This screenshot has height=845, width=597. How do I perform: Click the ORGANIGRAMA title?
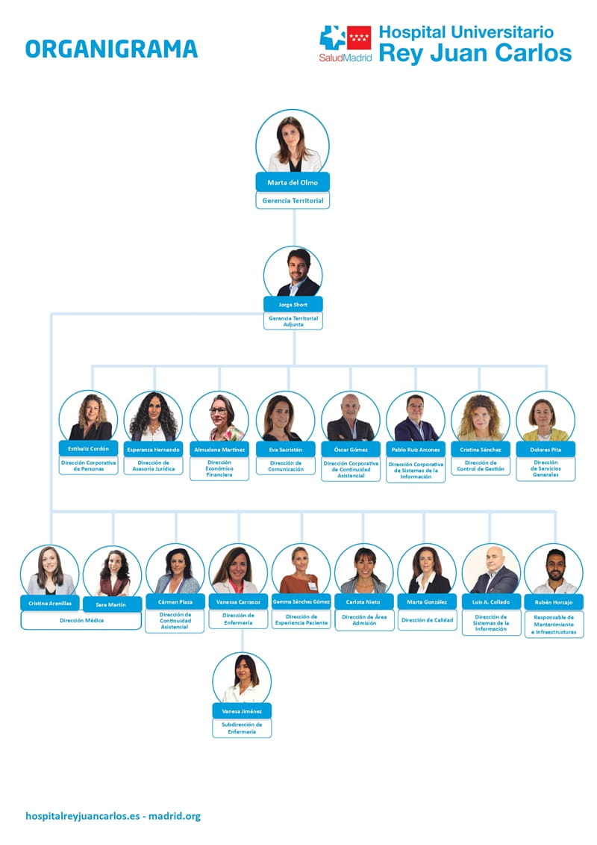click(111, 49)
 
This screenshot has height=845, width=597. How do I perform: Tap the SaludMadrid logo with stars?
click(346, 43)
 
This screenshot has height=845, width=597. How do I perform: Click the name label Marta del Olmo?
click(293, 182)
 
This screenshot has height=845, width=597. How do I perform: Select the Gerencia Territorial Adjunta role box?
click(293, 321)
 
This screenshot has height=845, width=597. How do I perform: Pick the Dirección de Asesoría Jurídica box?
click(154, 465)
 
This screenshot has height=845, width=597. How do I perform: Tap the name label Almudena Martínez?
click(219, 450)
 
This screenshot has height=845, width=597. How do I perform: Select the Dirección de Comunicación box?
click(285, 465)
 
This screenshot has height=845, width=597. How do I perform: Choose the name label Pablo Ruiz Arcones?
click(416, 450)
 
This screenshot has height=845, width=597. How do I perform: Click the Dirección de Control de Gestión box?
click(481, 465)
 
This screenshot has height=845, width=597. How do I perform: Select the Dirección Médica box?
click(81, 620)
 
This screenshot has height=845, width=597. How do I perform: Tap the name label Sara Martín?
click(112, 604)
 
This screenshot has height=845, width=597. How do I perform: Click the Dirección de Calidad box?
click(427, 619)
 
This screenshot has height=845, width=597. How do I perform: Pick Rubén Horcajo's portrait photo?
click(554, 571)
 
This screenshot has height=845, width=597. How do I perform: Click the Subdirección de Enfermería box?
click(242, 728)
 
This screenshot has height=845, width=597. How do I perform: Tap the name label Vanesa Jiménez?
click(242, 711)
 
